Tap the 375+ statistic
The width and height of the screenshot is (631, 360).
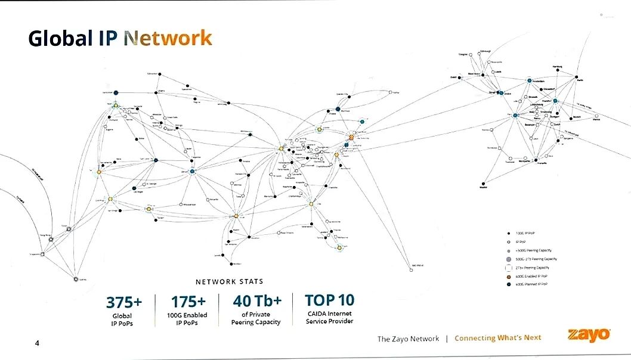[123, 302]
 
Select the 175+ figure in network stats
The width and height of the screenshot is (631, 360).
[188, 302]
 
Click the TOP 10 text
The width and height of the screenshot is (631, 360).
[329, 300]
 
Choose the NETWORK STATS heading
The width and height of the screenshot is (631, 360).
[229, 281]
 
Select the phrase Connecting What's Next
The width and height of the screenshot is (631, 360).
[497, 338]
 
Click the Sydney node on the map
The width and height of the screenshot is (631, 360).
[76, 278]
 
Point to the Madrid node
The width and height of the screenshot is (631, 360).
[483, 184]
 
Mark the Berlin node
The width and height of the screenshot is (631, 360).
[577, 77]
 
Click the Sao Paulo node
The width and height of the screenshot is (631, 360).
[412, 269]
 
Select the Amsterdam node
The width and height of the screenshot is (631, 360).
[529, 80]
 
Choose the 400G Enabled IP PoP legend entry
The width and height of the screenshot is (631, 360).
[508, 276]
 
